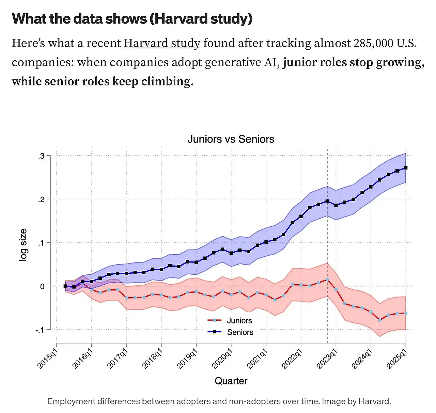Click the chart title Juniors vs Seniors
(x=231, y=139)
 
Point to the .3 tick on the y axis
(x=41, y=156)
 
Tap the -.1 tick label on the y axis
(x=40, y=330)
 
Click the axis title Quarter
(x=231, y=381)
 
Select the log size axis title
(x=23, y=245)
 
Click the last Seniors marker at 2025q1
(x=406, y=168)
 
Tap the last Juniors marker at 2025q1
(x=406, y=313)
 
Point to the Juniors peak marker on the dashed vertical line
(x=327, y=280)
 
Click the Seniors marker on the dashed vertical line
(x=327, y=201)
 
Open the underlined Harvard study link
(x=162, y=43)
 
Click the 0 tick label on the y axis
(x=42, y=286)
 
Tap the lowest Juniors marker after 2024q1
(x=379, y=320)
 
